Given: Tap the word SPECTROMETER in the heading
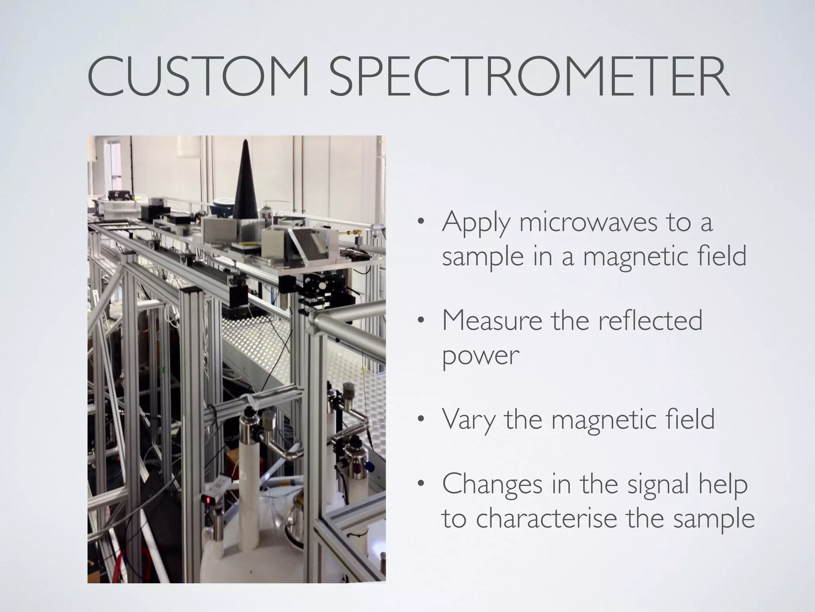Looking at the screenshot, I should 530,78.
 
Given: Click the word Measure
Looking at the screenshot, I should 492,321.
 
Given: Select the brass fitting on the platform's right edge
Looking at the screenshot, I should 352,233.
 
